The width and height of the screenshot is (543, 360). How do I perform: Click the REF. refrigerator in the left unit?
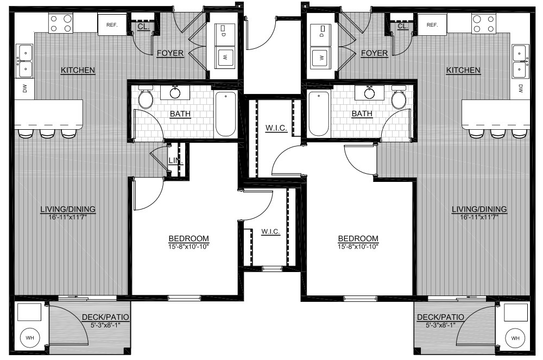(x=111, y=24)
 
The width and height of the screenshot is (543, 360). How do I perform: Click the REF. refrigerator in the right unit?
(x=432, y=24)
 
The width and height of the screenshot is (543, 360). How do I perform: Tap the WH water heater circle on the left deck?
(x=30, y=338)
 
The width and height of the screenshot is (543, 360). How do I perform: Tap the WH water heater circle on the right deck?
(x=515, y=338)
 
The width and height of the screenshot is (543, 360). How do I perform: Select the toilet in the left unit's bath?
(x=146, y=98)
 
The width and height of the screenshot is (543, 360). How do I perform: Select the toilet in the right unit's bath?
(x=399, y=98)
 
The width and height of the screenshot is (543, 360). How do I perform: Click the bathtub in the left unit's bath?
(x=225, y=114)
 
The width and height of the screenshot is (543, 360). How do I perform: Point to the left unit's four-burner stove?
(x=61, y=23)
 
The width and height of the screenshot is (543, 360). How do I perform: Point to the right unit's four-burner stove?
(x=483, y=23)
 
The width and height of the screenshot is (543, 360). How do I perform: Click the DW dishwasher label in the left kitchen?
(x=24, y=89)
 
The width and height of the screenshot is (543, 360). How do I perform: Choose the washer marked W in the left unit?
(x=225, y=57)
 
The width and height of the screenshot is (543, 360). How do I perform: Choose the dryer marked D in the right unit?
(x=321, y=35)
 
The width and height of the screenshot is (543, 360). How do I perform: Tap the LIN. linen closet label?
(x=175, y=161)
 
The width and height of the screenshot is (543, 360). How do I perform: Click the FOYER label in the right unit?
(x=374, y=53)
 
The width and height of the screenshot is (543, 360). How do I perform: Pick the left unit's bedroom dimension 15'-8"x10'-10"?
(x=188, y=247)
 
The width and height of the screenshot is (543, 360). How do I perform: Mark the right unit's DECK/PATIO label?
(x=440, y=317)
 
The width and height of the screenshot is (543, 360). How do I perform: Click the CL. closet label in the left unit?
(x=143, y=27)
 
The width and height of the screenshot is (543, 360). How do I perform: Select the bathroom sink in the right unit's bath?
(x=370, y=92)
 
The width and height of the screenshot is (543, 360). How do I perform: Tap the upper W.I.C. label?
(x=276, y=128)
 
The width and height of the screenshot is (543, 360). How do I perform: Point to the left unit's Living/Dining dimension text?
(x=68, y=218)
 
